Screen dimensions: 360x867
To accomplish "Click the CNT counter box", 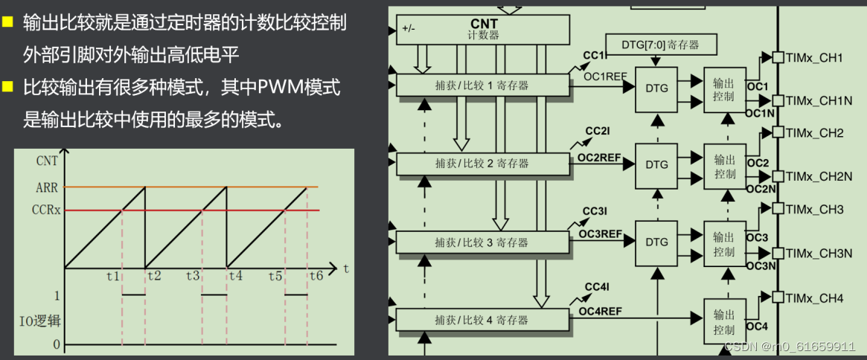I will [483, 30].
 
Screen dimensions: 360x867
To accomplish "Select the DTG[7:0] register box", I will [661, 45].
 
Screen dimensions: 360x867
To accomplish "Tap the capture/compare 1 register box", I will [482, 86].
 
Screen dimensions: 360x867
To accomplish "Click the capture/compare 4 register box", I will [482, 320].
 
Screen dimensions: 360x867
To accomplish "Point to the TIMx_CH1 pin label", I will [814, 57].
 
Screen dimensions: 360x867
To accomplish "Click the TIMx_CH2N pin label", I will [819, 176].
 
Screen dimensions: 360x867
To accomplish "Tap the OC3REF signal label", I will [600, 234].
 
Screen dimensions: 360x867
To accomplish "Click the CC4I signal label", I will [597, 287].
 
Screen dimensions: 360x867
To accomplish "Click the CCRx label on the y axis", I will [48, 210].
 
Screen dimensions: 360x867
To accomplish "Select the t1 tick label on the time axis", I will [113, 275].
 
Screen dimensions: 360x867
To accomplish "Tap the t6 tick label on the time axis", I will [316, 275].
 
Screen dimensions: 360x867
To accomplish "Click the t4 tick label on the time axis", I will [235, 275].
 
